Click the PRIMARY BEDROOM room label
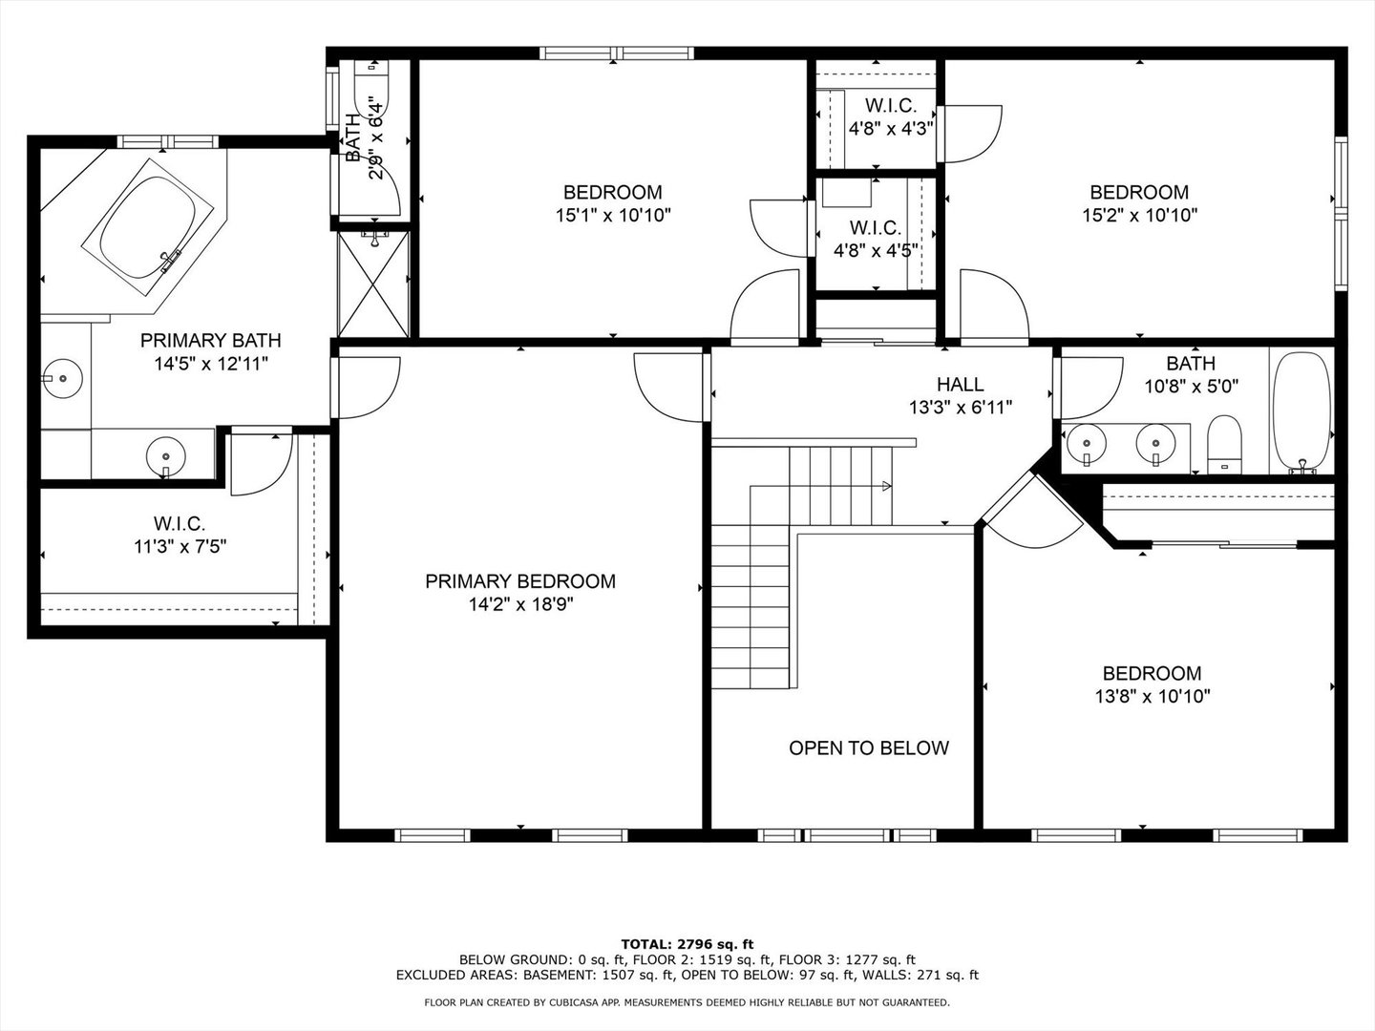click(x=520, y=581)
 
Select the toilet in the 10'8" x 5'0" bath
click(x=1223, y=444)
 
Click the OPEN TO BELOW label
click(x=869, y=748)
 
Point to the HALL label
click(x=960, y=385)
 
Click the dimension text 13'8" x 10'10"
click(x=1153, y=697)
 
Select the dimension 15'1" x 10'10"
click(x=613, y=216)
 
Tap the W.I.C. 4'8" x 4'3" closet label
click(x=890, y=116)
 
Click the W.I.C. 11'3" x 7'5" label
click(x=179, y=535)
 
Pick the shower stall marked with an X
click(x=373, y=283)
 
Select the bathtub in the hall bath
click(x=1301, y=412)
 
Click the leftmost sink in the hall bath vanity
click(x=1086, y=442)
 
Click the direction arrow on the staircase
click(x=885, y=486)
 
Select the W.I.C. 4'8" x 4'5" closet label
click(x=875, y=239)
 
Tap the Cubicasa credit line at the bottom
click(x=687, y=1002)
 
